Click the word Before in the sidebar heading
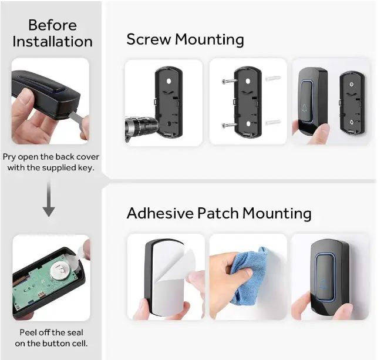click(52, 25)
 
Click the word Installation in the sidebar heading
click(52, 42)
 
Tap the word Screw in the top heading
click(149, 40)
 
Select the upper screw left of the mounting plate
click(228, 82)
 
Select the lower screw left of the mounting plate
click(228, 125)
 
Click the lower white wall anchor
click(272, 123)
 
